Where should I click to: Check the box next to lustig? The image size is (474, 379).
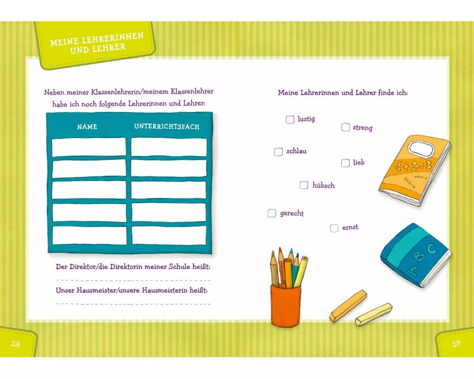pos(290,120)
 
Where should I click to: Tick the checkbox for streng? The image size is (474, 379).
pos(346,127)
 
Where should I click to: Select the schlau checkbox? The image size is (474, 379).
pos(278,152)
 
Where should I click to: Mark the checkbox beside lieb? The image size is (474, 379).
pos(346,163)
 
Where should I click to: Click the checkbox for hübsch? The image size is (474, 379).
pos(304,185)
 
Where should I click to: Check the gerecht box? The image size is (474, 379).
pos(272,213)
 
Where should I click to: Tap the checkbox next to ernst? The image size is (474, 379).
pos(334,228)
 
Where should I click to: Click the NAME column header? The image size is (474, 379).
pos(87,127)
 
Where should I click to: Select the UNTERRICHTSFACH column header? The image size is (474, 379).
pos(167,126)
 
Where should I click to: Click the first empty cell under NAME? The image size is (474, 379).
pos(89,147)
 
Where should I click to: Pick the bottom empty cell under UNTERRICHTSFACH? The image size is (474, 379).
pos(169,235)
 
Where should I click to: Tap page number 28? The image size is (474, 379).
pos(16,344)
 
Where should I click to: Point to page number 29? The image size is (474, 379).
pos(456,343)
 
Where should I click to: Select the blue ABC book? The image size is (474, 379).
pos(416,255)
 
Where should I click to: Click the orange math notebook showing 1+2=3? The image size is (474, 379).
pos(414,170)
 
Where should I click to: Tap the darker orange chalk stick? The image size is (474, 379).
pos(348,306)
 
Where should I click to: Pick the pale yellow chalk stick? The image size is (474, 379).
pos(374,314)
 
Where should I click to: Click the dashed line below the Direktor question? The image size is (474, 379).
pos(133,280)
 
